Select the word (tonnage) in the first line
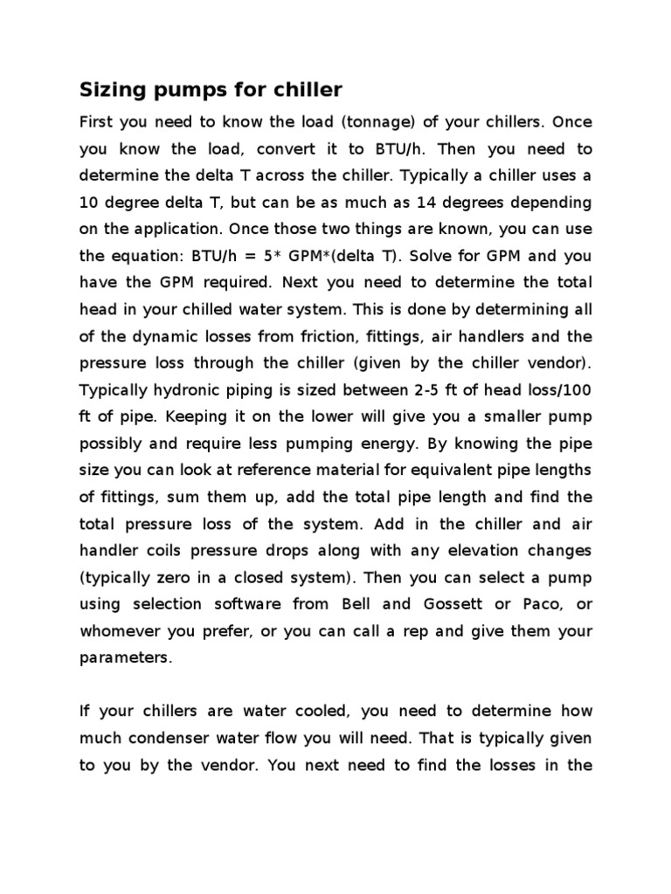(342, 121)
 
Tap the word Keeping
(169, 416)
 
